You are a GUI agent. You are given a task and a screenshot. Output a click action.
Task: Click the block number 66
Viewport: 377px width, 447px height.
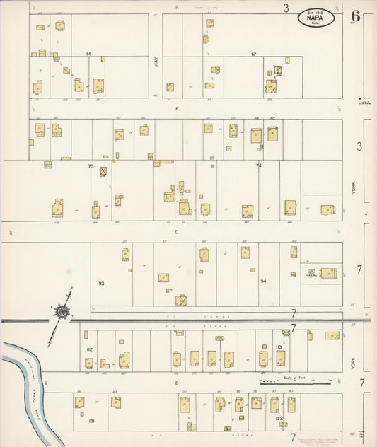point(89,54)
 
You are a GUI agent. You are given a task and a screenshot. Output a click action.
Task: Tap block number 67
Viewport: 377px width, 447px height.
point(253,54)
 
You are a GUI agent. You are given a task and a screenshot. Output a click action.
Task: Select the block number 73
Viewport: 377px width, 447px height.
point(91,166)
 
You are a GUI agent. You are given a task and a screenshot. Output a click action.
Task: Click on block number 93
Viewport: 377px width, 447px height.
point(101,283)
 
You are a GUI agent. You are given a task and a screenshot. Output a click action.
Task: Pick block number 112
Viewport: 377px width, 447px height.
point(89,349)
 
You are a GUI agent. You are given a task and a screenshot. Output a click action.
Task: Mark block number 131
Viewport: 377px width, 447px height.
point(92,420)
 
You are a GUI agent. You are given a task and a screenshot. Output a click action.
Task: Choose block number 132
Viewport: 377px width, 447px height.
point(279,418)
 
